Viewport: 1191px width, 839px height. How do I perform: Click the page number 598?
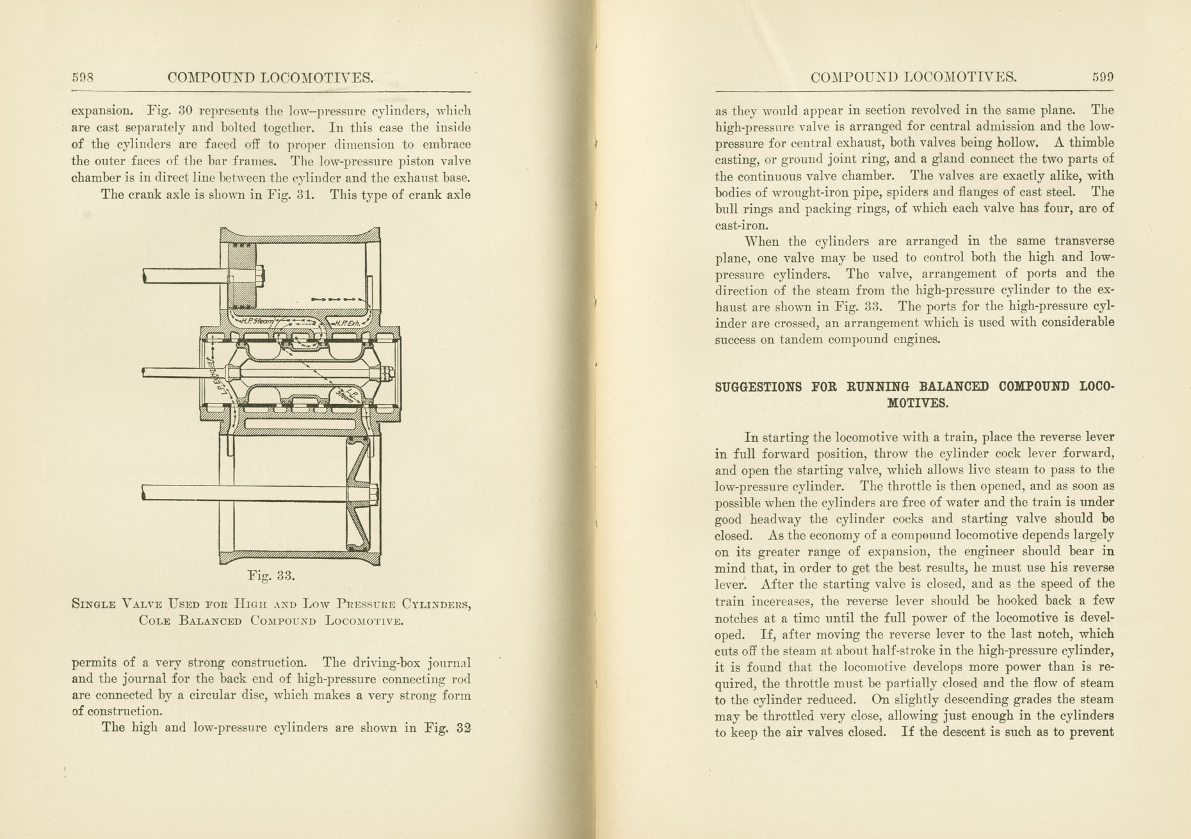click(x=83, y=78)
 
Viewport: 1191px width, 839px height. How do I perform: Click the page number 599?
click(x=1103, y=78)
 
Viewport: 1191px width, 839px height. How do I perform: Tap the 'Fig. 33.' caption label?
click(x=271, y=575)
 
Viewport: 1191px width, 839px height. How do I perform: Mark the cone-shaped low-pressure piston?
click(x=359, y=493)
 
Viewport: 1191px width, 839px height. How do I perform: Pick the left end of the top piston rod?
click(x=145, y=276)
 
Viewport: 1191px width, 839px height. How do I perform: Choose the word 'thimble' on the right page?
click(x=1092, y=143)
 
